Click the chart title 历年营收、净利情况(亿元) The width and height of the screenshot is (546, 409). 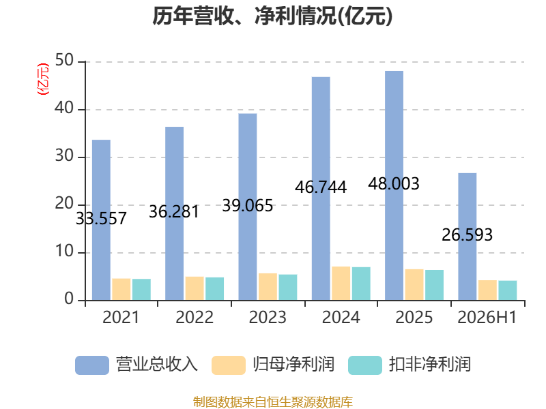pos(272,16)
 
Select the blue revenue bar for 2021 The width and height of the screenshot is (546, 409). pos(101,220)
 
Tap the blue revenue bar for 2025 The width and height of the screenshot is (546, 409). pos(394,185)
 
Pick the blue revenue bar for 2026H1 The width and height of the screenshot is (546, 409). pos(468,237)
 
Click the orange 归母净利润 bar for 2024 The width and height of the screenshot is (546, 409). pos(341,284)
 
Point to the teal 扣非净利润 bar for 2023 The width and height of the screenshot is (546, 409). pos(288,288)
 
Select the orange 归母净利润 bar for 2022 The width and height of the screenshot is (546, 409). pos(195,288)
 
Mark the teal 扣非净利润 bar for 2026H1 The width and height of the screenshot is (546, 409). pos(508,291)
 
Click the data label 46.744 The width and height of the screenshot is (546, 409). pos(321,187)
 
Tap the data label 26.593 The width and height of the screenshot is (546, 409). pos(468,234)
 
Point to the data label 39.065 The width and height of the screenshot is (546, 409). pos(248,206)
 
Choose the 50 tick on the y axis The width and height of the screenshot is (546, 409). pos(64,61)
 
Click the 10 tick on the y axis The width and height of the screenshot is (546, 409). pos(64,252)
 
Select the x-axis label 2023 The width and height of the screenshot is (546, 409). pos(268,318)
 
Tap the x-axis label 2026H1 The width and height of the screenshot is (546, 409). pos(487,318)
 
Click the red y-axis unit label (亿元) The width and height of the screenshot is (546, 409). pos(43,79)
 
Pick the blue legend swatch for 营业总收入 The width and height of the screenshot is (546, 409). pos(92,365)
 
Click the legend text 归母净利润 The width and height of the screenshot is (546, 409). pos(293,365)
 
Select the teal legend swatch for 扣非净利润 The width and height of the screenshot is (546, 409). pos(365,365)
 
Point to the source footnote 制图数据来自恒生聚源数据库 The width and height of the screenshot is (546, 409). pos(273,402)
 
